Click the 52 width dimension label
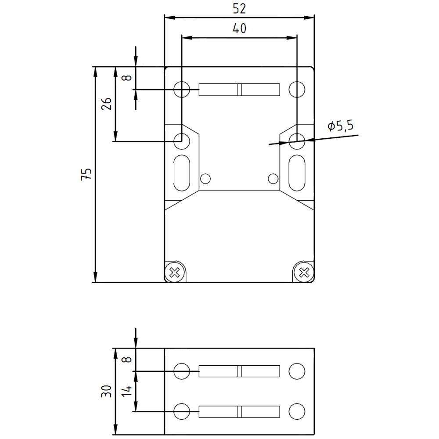click(239, 9)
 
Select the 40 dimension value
click(239, 29)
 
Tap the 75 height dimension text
click(87, 174)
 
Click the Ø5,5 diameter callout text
click(340, 126)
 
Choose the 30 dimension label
click(106, 391)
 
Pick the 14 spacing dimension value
click(127, 391)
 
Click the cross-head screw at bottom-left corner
click(175, 272)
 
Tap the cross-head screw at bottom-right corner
click(303, 272)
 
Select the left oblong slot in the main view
click(182, 173)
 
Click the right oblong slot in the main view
click(297, 173)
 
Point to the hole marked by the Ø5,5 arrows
click(297, 140)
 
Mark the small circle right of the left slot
click(205, 178)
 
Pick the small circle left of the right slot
click(273, 178)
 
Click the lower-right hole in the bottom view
click(297, 411)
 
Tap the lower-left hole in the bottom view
click(182, 411)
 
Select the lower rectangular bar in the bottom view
click(239, 411)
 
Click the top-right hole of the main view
click(297, 90)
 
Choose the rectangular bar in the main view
click(239, 90)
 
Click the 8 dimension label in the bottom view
click(127, 360)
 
